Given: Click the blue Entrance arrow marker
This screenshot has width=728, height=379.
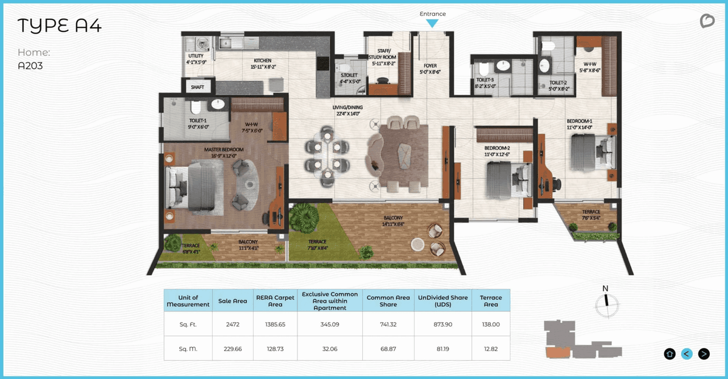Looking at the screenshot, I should click(432, 23).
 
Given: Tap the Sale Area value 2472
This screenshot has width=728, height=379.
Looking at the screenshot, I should click(233, 324).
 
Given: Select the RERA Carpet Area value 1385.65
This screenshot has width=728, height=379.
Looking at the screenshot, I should click(275, 324).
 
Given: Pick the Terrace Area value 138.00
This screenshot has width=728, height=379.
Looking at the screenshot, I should click(490, 324).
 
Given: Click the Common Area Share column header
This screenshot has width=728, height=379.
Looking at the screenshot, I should click(388, 300).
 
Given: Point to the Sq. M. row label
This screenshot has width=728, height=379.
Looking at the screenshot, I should click(188, 348).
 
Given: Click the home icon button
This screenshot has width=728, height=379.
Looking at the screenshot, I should click(669, 354).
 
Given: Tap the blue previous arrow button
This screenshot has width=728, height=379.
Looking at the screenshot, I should click(686, 354).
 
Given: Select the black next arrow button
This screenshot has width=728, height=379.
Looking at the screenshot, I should click(704, 354).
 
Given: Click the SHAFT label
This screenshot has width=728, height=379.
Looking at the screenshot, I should click(197, 87).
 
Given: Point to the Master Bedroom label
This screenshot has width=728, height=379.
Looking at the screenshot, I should click(224, 150).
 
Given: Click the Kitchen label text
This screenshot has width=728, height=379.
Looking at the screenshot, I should click(263, 60).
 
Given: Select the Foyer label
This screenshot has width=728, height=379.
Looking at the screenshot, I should click(430, 65).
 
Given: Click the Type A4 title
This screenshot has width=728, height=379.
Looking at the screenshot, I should click(59, 26).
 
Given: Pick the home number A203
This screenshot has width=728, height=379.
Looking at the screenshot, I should click(30, 66).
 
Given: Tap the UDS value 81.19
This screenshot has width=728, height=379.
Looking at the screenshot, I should click(443, 348).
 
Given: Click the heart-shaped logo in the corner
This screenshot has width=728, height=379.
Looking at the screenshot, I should click(706, 21).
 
